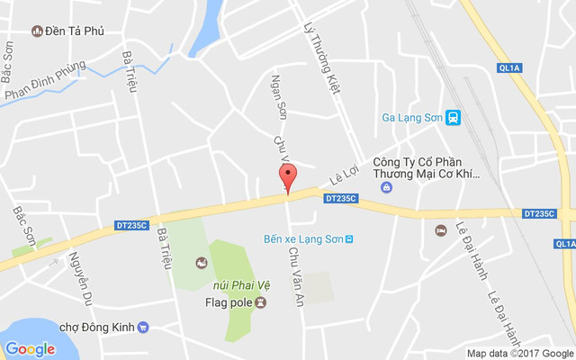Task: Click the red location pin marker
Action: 287,177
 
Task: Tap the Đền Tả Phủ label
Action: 75,31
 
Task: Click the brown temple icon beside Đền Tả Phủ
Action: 36,31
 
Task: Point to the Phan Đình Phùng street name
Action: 44,81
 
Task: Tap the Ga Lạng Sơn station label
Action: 412,117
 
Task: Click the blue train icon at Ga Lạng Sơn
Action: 454,117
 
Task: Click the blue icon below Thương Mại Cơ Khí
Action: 387,187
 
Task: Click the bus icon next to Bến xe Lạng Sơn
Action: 349,238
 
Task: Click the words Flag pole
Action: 222,301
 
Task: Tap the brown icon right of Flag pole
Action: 260,301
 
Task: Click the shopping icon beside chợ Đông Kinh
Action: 143,327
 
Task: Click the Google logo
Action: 30,348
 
